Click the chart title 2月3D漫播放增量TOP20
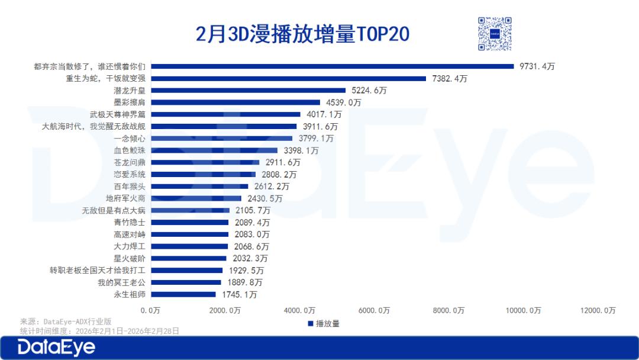click(302, 34)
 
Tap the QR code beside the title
click(494, 34)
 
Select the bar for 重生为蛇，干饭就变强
click(287, 78)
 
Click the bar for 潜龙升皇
click(247, 91)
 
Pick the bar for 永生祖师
click(182, 294)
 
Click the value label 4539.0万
click(343, 102)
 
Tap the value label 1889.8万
click(244, 282)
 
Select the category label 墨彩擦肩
click(130, 102)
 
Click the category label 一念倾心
click(130, 139)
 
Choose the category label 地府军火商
click(125, 198)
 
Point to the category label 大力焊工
click(130, 246)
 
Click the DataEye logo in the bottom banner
click(56, 348)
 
